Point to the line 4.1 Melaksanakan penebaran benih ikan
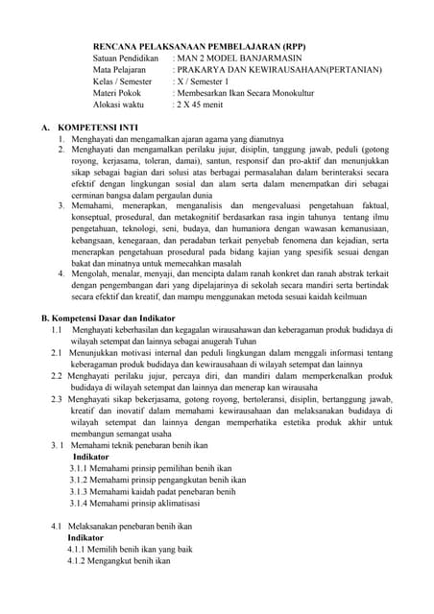(x=122, y=526)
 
